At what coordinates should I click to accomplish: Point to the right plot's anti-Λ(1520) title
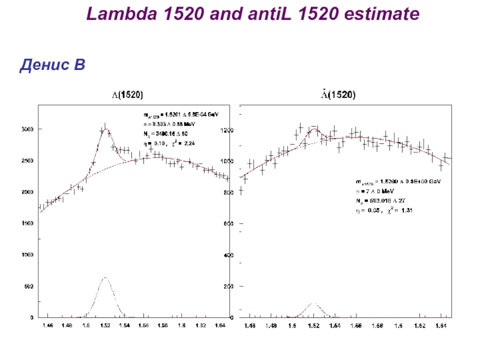point(337,95)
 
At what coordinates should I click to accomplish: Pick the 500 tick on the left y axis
point(28,286)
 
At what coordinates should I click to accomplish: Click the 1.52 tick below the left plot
point(106,326)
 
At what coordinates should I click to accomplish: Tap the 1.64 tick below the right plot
point(441,326)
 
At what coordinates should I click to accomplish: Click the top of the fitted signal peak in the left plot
point(104,128)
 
